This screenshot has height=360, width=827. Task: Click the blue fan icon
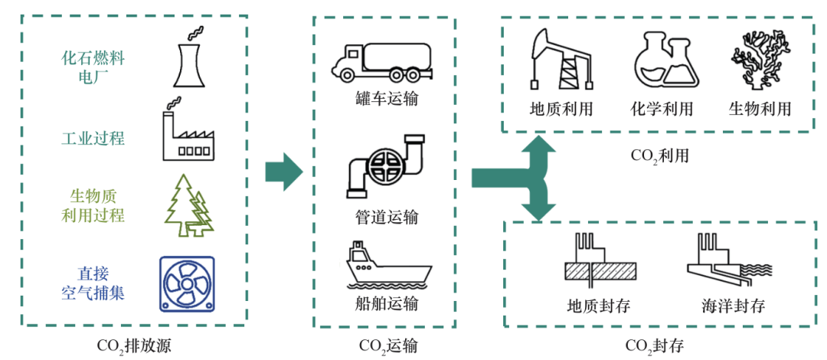point(187,283)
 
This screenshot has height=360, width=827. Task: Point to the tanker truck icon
point(380,61)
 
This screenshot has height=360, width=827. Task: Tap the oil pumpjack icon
point(561,62)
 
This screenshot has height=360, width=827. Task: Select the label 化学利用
point(662,109)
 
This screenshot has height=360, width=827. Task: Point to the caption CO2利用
point(659,155)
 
